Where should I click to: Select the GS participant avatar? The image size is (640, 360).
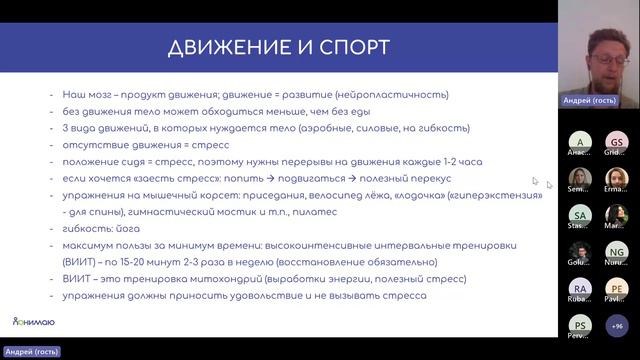tap(616, 144)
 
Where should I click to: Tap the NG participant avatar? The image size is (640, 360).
tap(616, 252)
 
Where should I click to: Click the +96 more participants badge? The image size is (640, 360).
tap(616, 325)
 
